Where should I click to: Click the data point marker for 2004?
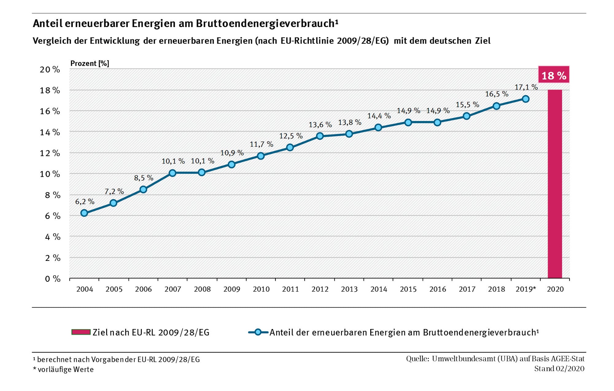pyautogui.click(x=84, y=213)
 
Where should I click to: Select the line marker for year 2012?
pyautogui.click(x=320, y=136)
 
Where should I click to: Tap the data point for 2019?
pyautogui.click(x=526, y=99)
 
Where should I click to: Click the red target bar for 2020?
pyautogui.click(x=555, y=184)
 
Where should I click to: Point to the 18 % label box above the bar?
pyautogui.click(x=554, y=75)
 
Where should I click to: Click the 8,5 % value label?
pyautogui.click(x=143, y=178)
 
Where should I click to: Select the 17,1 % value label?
pyautogui.click(x=526, y=87)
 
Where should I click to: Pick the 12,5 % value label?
pyautogui.click(x=291, y=136)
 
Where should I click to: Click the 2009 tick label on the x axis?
pyautogui.click(x=231, y=289)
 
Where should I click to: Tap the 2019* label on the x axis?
pyautogui.click(x=526, y=289)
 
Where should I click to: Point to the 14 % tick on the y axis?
pyautogui.click(x=50, y=132)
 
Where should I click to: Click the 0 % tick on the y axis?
pyautogui.click(x=52, y=279)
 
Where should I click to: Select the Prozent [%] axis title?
pyautogui.click(x=90, y=64)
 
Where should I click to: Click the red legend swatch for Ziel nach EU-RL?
pyautogui.click(x=81, y=332)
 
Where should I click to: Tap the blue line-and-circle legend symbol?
pyautogui.click(x=258, y=332)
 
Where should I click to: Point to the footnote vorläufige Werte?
pyautogui.click(x=65, y=370)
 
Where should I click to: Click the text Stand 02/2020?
pyautogui.click(x=559, y=369)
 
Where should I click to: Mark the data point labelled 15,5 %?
pyautogui.click(x=466, y=116)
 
